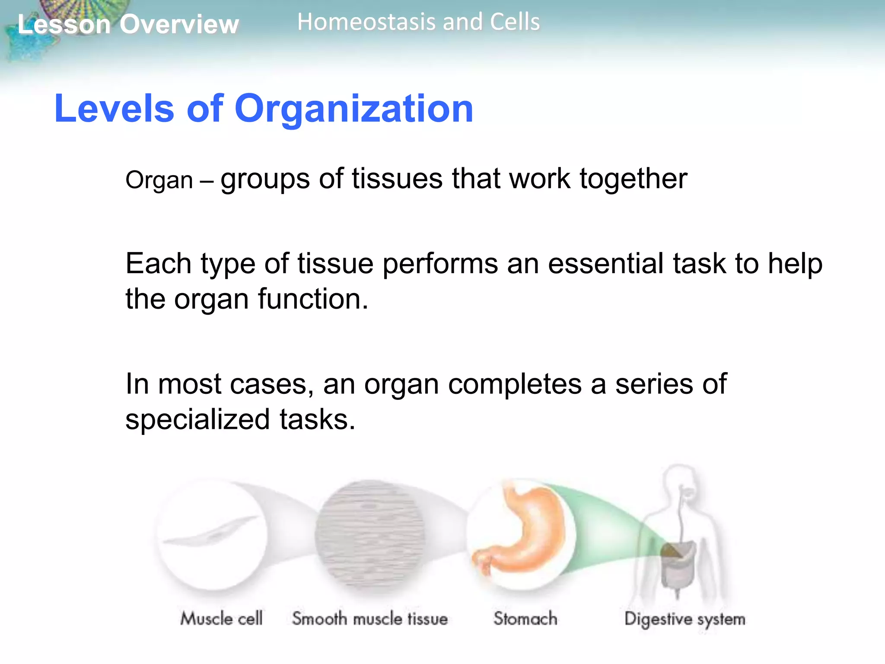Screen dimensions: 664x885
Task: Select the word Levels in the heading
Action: [x=114, y=109]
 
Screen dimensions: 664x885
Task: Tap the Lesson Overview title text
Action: [x=128, y=24]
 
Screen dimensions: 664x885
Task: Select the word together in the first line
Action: [x=633, y=179]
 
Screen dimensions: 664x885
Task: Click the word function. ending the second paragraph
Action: [x=313, y=299]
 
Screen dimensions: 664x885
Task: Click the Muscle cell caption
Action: [x=221, y=619]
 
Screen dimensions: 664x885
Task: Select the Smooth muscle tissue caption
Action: [x=369, y=619]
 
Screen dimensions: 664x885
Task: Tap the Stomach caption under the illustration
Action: [x=525, y=619]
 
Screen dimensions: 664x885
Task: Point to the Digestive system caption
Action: [x=685, y=619]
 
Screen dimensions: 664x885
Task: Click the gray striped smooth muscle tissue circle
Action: [x=369, y=534]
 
